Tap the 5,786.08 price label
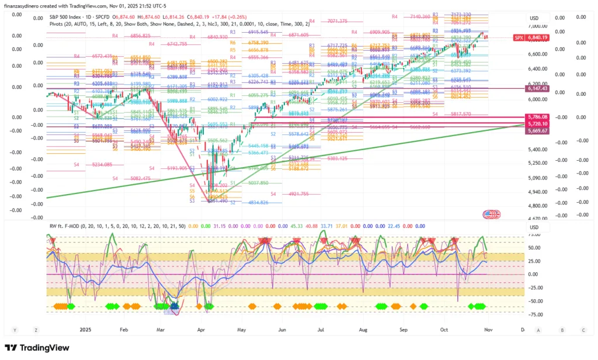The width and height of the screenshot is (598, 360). pos(537,117)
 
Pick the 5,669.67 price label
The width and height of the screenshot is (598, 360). pos(537,131)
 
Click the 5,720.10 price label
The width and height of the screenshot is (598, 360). pos(537,124)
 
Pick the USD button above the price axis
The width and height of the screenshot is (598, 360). pos(533,18)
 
